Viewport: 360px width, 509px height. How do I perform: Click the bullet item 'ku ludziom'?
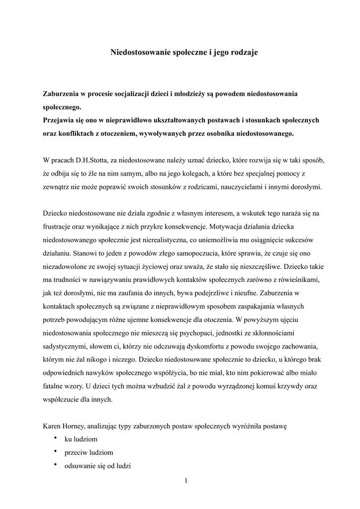(x=81, y=439)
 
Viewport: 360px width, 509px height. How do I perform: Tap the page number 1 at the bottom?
(x=185, y=480)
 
